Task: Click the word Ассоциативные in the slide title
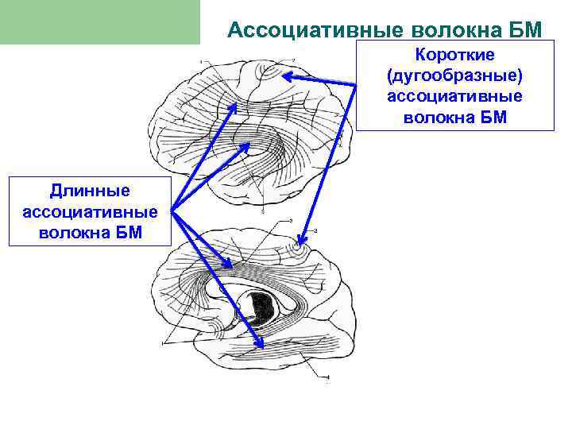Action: pyautogui.click(x=315, y=29)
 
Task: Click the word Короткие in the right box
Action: pyautogui.click(x=454, y=55)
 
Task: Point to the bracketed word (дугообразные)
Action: pyautogui.click(x=454, y=75)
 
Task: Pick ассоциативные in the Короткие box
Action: pyautogui.click(x=454, y=96)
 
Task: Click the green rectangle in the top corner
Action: pyautogui.click(x=100, y=21)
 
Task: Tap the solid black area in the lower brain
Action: pyautogui.click(x=261, y=306)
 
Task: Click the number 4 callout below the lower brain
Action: pyautogui.click(x=327, y=377)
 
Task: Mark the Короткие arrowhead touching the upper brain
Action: pyautogui.click(x=284, y=75)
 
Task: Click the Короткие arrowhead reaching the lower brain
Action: pyautogui.click(x=302, y=241)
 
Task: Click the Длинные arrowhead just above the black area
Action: pyautogui.click(x=230, y=267)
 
